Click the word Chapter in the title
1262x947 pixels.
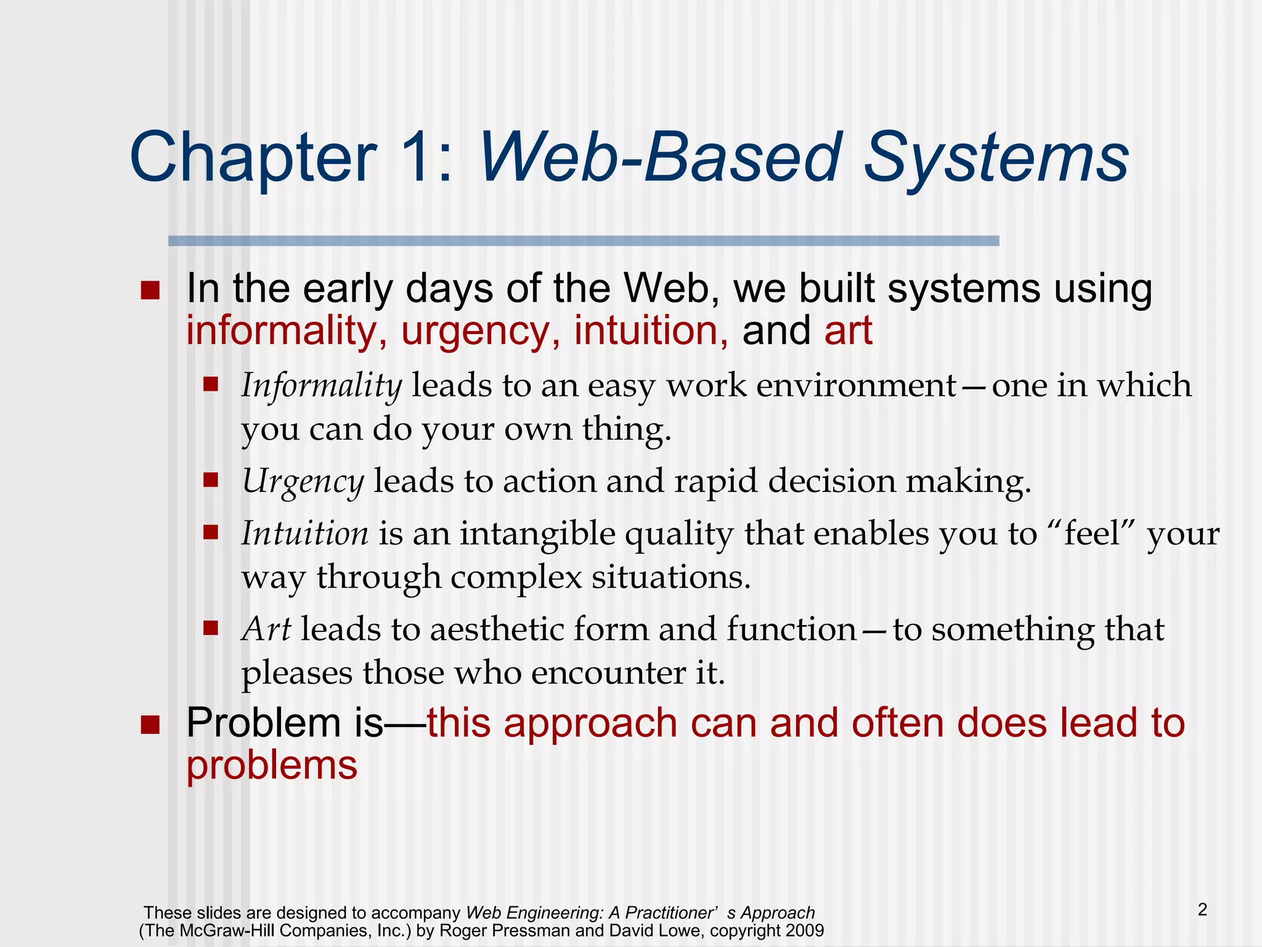(253, 158)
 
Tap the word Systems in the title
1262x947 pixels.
(996, 158)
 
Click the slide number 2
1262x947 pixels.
(1202, 910)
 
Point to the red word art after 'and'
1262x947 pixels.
(848, 331)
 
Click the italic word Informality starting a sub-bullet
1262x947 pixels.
(321, 387)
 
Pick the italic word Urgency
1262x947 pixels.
(303, 482)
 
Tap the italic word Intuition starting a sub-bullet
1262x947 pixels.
(305, 533)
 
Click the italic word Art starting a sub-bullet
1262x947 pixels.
(266, 629)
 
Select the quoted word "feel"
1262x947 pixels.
(1091, 533)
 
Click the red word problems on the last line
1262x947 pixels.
(272, 766)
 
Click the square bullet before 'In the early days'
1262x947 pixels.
(150, 290)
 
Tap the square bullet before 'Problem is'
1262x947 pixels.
(150, 725)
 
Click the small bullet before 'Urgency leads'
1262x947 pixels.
(211, 480)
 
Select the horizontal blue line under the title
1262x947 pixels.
(583, 241)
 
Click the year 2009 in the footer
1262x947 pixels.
(805, 930)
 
